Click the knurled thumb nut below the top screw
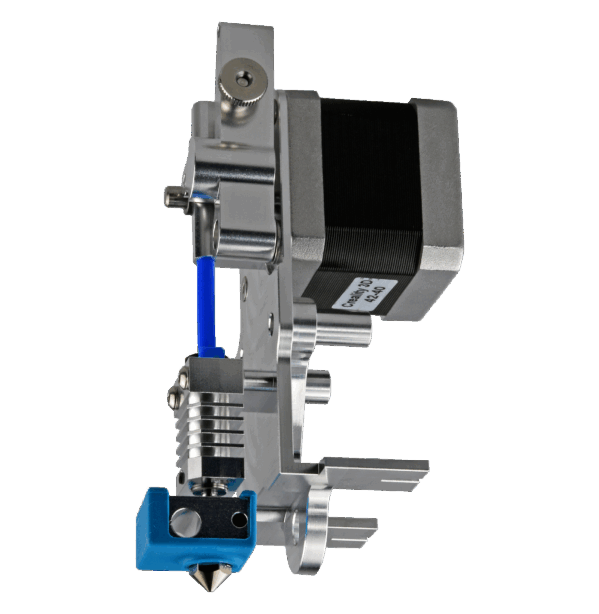pyautogui.click(x=241, y=108)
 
